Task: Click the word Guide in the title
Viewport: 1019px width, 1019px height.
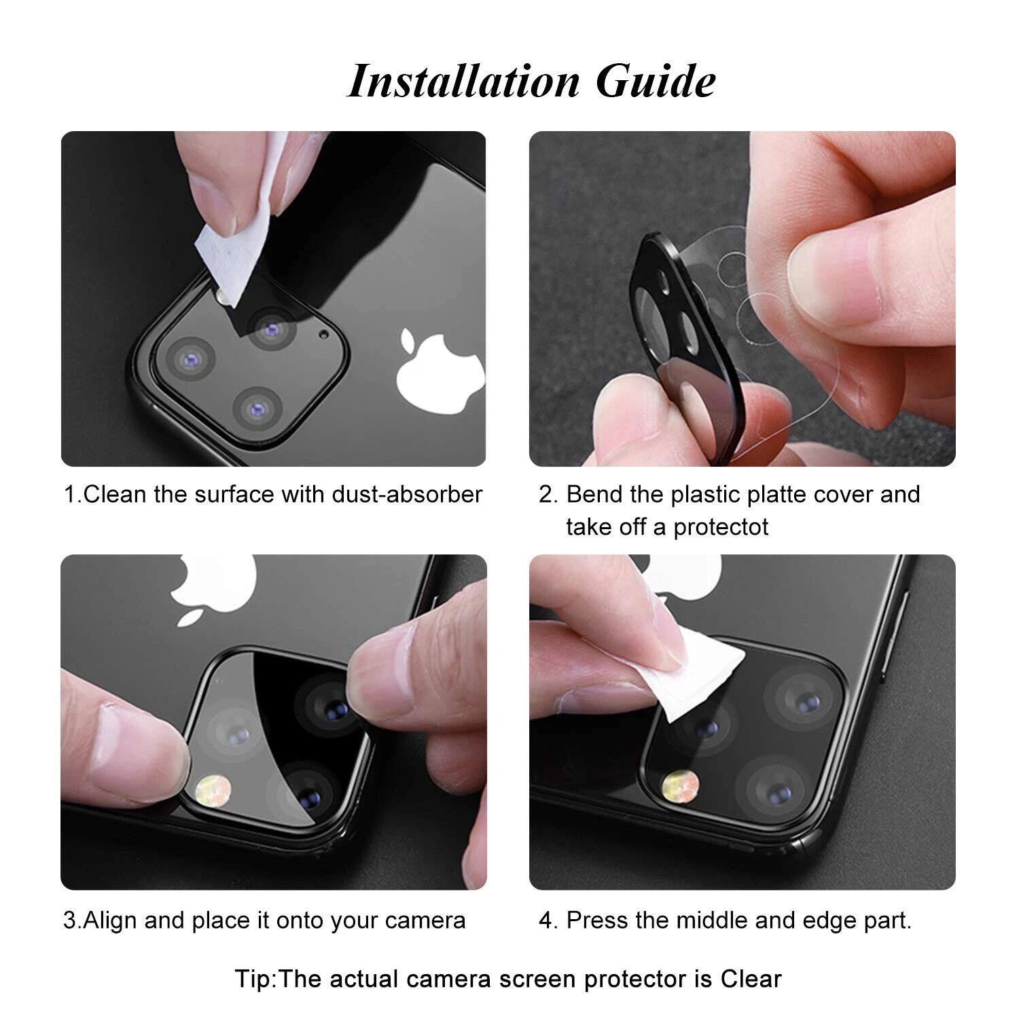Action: click(656, 82)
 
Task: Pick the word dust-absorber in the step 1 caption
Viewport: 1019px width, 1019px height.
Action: click(407, 494)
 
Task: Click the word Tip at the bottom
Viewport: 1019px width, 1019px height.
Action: click(254, 979)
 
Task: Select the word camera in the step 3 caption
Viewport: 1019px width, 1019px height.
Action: click(425, 920)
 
